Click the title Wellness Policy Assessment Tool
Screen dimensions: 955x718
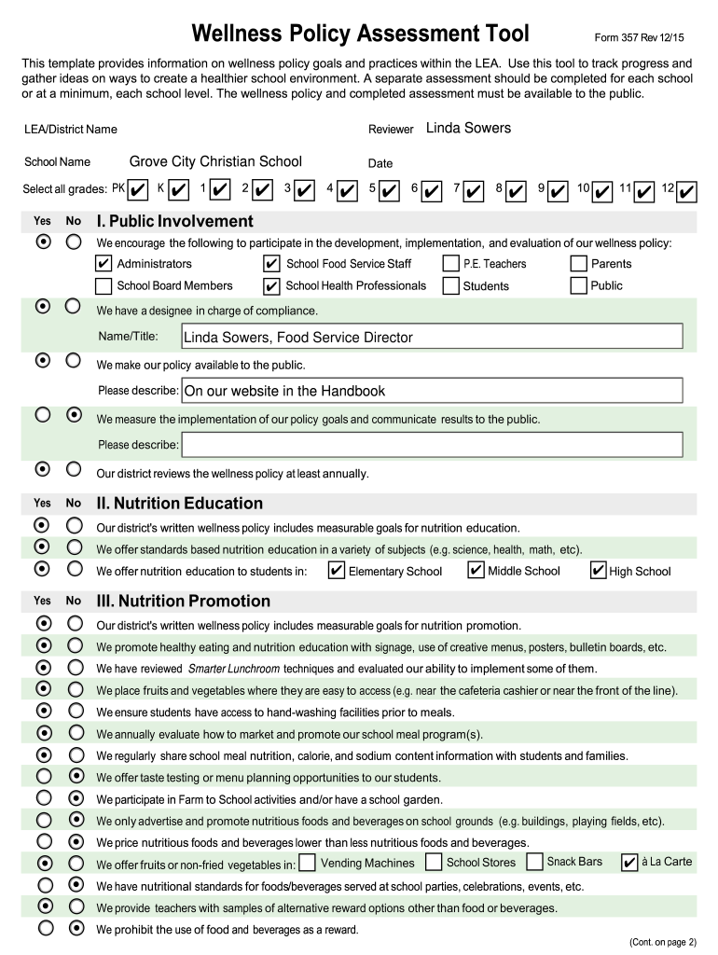(360, 35)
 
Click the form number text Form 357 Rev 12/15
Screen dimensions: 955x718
(639, 37)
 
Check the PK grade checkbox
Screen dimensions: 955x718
(138, 190)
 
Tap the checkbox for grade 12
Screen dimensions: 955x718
(687, 191)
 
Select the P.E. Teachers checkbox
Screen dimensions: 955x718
(450, 264)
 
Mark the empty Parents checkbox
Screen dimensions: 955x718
(579, 264)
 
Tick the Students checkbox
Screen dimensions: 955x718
(450, 285)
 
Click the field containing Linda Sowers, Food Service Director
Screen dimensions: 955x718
(432, 337)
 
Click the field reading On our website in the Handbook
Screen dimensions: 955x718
(432, 391)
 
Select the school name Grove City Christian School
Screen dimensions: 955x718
(215, 161)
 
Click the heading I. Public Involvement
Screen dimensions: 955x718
(174, 221)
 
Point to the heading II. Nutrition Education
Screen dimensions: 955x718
(180, 504)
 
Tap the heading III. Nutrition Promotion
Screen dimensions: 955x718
(184, 601)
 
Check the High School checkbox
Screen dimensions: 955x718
(599, 571)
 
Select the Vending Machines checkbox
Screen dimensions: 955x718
(307, 864)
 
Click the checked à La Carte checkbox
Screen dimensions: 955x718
(629, 863)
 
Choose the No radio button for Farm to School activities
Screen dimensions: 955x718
(75, 798)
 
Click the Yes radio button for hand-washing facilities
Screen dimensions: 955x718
(43, 712)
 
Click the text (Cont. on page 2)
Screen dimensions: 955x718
(663, 942)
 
